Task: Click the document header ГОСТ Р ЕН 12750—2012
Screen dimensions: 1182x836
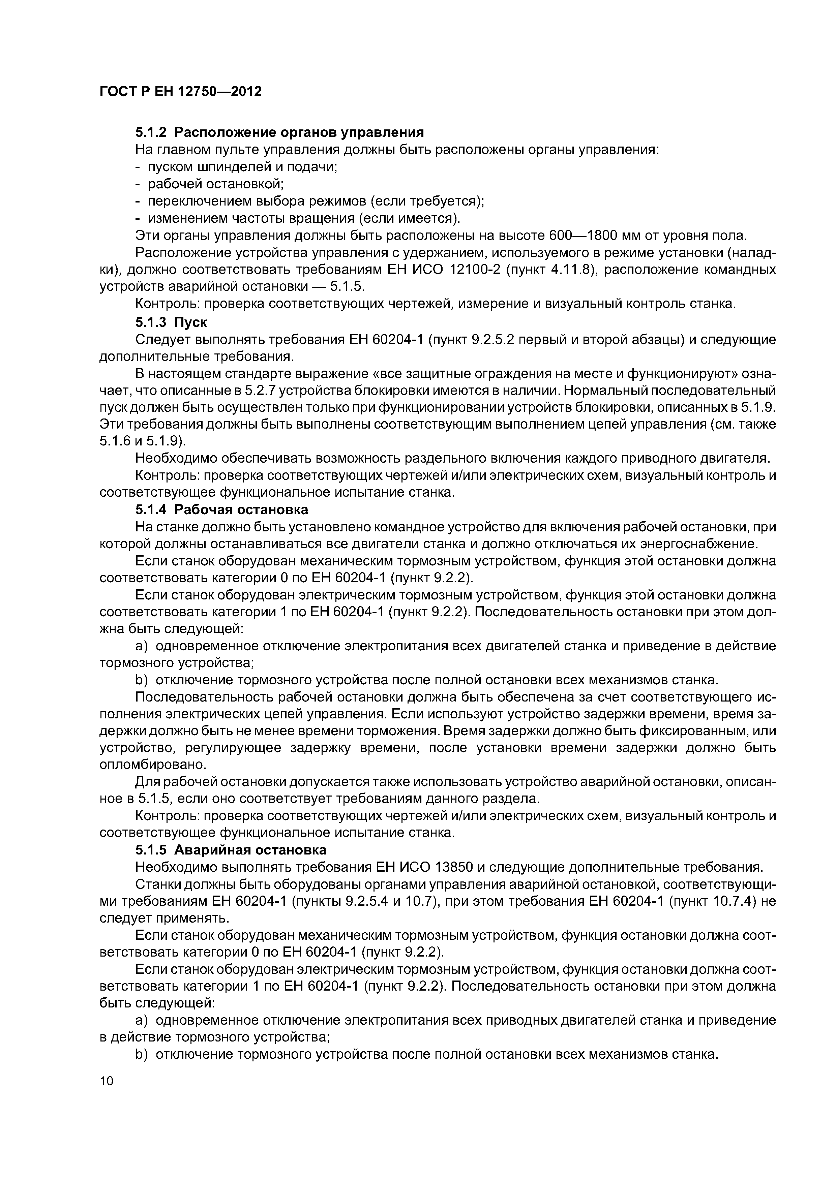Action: click(180, 92)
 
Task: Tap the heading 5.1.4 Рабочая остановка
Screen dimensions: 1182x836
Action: click(221, 510)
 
